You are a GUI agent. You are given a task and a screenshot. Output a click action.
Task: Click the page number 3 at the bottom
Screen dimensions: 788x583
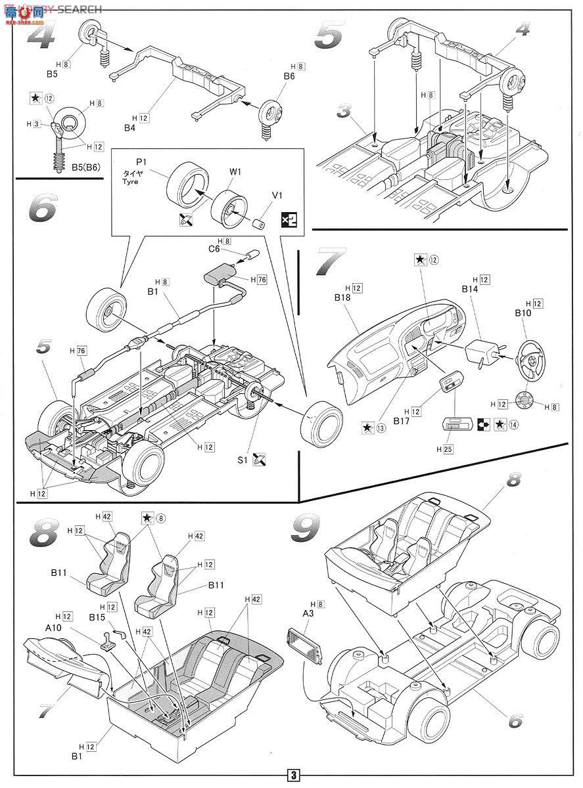291,775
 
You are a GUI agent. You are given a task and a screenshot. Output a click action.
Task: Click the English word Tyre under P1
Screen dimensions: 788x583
129,182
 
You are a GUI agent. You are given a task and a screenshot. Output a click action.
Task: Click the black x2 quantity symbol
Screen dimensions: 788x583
289,220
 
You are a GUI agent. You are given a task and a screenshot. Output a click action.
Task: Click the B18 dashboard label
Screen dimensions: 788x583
343,297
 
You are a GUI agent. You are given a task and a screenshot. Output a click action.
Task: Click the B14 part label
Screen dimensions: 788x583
469,289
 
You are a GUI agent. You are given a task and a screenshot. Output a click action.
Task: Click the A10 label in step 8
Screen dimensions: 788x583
54,626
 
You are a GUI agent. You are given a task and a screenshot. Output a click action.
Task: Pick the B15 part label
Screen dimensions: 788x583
98,617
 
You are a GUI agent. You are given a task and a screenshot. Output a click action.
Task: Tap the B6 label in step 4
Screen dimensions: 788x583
289,77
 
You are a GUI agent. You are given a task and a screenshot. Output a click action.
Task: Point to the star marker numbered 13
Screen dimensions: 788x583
373,427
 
